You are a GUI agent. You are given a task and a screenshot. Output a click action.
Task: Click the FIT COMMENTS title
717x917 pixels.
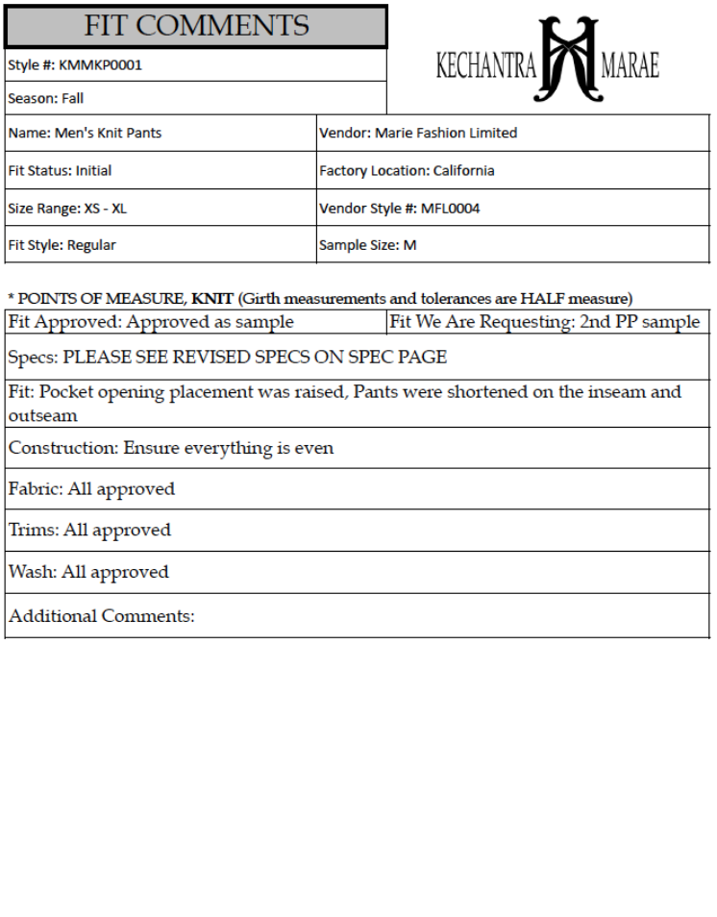pyautogui.click(x=196, y=25)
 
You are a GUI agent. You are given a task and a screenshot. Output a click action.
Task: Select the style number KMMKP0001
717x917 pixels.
pyautogui.click(x=100, y=65)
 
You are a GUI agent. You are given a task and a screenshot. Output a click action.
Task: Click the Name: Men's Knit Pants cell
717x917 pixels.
pyautogui.click(x=85, y=133)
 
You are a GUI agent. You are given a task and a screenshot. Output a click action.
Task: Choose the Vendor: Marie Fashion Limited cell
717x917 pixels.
pyautogui.click(x=418, y=133)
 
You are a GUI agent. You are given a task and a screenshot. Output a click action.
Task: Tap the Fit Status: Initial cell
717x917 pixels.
pyautogui.click(x=60, y=170)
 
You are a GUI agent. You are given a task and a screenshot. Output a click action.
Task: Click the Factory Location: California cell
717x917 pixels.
pyautogui.click(x=407, y=170)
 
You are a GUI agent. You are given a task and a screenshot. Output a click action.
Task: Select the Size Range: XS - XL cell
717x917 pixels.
pyautogui.click(x=67, y=208)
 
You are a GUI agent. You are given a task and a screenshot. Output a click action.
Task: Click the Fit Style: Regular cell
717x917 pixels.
pyautogui.click(x=62, y=245)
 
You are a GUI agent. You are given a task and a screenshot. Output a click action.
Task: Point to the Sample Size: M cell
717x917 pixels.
pyautogui.click(x=367, y=245)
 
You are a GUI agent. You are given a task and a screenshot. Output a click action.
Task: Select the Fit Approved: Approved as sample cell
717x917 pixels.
pyautogui.click(x=151, y=322)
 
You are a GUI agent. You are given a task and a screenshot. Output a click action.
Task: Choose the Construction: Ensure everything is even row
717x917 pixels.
pyautogui.click(x=171, y=448)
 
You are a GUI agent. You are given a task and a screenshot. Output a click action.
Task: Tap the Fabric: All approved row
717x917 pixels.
pyautogui.click(x=92, y=489)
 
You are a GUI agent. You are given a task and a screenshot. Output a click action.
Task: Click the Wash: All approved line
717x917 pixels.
pyautogui.click(x=88, y=572)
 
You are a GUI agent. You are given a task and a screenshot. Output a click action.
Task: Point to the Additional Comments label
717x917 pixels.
pyautogui.click(x=101, y=616)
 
